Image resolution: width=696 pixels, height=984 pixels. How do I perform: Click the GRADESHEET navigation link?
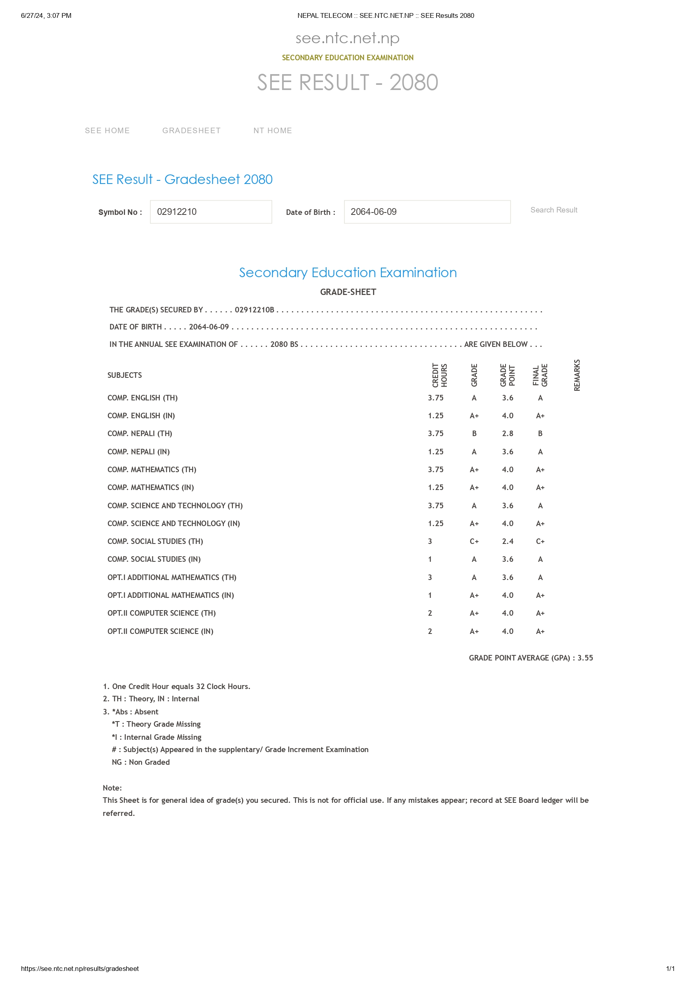click(x=191, y=131)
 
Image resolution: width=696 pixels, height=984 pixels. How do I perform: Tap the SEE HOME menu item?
click(x=107, y=131)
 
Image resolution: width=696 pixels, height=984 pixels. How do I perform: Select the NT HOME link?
click(x=272, y=131)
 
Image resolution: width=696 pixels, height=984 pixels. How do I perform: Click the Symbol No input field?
click(x=211, y=212)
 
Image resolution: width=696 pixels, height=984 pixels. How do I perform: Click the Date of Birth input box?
click(x=427, y=212)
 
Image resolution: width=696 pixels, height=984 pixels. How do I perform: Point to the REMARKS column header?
click(x=577, y=375)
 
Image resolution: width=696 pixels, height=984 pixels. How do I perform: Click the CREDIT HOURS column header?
click(x=440, y=375)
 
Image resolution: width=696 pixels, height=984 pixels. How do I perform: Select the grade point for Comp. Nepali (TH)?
click(x=507, y=433)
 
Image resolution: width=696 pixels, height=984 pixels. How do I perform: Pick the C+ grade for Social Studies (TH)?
click(x=474, y=541)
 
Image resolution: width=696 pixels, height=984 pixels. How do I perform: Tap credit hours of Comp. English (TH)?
click(x=435, y=398)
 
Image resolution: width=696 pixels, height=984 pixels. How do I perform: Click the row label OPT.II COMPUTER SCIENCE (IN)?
click(x=160, y=631)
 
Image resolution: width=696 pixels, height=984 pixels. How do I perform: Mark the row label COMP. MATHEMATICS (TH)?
click(x=152, y=470)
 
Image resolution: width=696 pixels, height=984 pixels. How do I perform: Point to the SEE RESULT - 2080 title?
click(x=347, y=82)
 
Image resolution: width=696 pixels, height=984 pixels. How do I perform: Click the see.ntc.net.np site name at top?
click(x=347, y=38)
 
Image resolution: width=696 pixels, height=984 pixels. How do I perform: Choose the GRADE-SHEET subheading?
click(x=348, y=292)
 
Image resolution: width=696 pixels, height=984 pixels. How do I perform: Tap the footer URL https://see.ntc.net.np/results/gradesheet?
click(x=80, y=969)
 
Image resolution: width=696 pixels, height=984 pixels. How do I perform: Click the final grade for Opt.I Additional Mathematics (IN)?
click(x=540, y=595)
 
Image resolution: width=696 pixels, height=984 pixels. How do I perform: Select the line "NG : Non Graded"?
click(x=140, y=762)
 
